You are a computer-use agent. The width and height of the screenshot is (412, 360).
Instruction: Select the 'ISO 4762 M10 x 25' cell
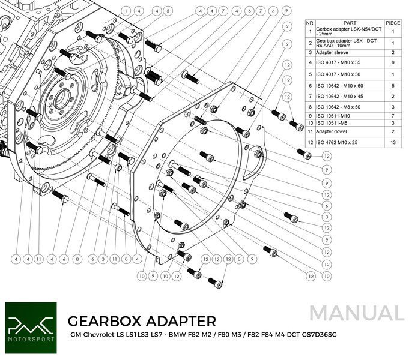tap(339, 142)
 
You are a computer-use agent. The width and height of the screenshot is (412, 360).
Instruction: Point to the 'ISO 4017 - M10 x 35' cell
tap(339, 62)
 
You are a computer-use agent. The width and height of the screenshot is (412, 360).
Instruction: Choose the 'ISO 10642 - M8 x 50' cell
tap(340, 106)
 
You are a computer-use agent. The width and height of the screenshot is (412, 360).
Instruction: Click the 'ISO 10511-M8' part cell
tap(333, 122)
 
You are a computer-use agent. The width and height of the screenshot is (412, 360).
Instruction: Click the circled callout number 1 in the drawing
tap(126, 10)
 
